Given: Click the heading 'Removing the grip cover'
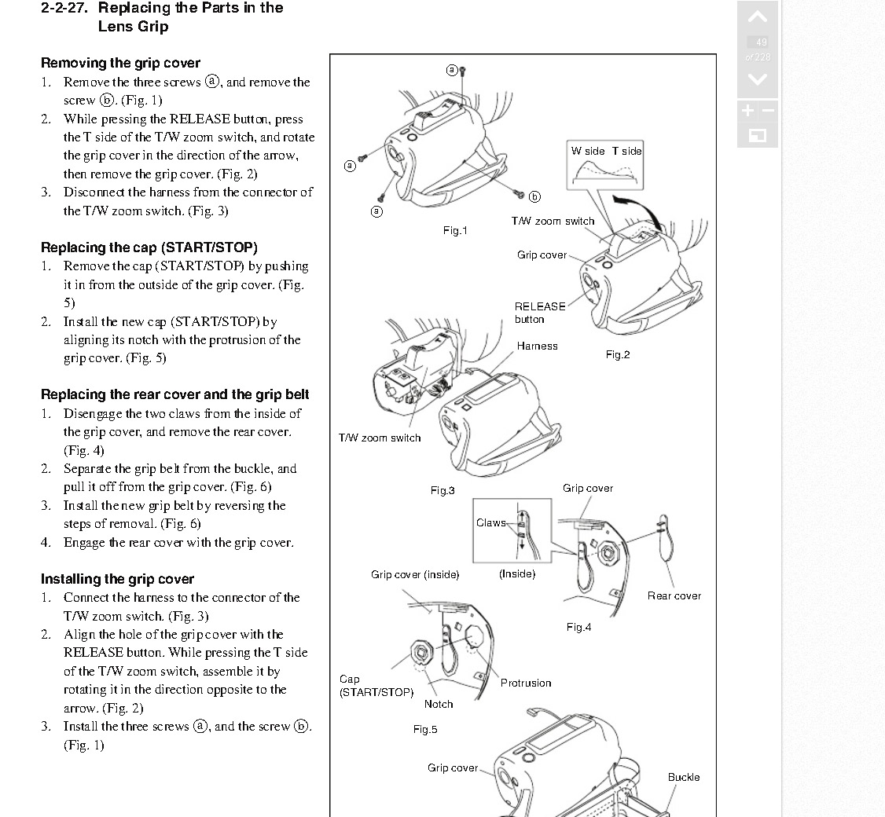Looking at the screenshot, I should (x=120, y=63).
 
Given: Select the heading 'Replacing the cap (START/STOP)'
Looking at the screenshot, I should (x=149, y=247).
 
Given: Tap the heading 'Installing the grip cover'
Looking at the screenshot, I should (x=117, y=579).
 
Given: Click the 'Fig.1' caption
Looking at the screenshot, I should (x=455, y=230).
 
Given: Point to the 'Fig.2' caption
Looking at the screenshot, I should (x=618, y=354).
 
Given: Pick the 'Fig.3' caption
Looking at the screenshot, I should (x=442, y=490).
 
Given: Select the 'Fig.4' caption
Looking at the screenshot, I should (x=578, y=627).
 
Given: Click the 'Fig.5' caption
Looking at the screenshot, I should (x=425, y=729).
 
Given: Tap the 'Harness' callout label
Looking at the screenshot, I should (x=537, y=346).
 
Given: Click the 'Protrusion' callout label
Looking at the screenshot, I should (x=526, y=683).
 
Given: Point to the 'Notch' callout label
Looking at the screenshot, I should (x=439, y=704).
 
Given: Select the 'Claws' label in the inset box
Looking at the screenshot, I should (x=491, y=522).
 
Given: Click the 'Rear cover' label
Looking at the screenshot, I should (x=674, y=595).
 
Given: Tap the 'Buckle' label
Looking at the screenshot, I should (x=684, y=777).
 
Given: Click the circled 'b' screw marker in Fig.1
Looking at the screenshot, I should (x=534, y=196).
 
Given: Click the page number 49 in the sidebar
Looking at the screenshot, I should (x=761, y=42).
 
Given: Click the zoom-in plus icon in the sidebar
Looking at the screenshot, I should (x=747, y=111).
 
